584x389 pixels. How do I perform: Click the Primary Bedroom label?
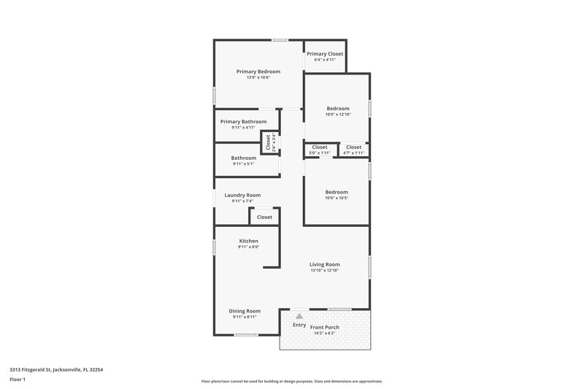tap(258, 72)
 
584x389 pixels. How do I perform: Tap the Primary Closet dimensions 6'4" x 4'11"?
tap(325, 60)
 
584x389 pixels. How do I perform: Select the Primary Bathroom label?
tap(243, 121)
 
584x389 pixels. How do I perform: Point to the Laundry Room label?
tap(242, 195)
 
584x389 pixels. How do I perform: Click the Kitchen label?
tap(248, 241)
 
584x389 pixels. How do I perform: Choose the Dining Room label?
tap(245, 311)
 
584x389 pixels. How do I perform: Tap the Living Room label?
tap(325, 264)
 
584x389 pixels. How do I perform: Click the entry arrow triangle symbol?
tap(299, 315)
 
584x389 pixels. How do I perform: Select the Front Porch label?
tap(325, 327)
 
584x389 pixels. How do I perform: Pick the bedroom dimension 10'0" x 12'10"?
tap(338, 115)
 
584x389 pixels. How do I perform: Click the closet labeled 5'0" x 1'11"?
tap(320, 150)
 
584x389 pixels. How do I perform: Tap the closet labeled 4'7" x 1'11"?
tap(353, 150)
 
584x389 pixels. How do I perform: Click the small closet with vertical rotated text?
tap(268, 142)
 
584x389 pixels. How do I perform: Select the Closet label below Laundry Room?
tap(264, 217)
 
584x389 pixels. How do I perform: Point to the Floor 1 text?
tap(18, 380)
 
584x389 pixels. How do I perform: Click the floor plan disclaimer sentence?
tap(291, 381)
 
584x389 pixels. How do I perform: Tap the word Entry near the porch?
tap(299, 325)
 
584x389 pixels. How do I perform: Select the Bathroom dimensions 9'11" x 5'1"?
tap(243, 163)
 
